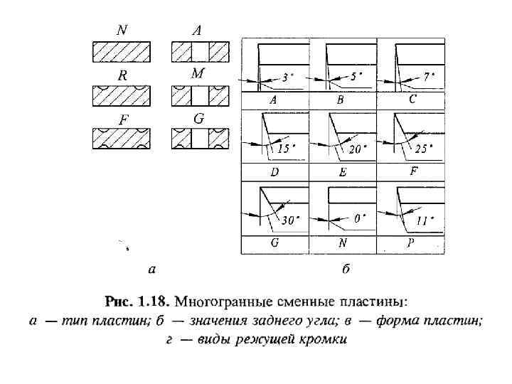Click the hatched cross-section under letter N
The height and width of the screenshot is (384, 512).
pos(122,53)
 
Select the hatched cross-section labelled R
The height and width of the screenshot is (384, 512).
pos(122,95)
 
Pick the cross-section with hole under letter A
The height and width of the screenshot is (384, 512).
pos(200,53)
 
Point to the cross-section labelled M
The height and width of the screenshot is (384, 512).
pos(200,95)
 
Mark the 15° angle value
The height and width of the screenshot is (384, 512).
pos(286,149)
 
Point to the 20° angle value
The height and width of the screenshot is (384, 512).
pos(357,149)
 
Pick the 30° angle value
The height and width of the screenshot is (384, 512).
pos(289,220)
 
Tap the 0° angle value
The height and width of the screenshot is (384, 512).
pos(360,219)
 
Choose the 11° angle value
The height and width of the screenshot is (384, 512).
pos(425,220)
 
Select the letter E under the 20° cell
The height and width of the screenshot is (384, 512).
pos(342,173)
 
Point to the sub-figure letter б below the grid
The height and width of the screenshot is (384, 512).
pos(346,270)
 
